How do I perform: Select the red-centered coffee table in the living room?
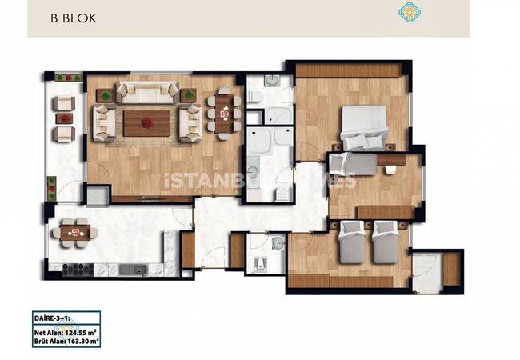point(146,122)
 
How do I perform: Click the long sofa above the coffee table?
point(147,93)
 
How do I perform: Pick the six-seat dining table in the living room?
point(225,114)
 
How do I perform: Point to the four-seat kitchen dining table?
point(78,233)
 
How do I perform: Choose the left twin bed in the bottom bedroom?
point(351,242)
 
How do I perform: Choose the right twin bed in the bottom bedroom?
point(386,242)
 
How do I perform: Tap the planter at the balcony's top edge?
point(68,78)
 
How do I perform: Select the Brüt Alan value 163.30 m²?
point(83,342)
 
